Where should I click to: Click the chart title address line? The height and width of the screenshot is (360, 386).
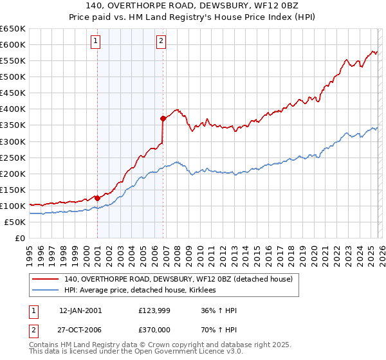pos(192,6)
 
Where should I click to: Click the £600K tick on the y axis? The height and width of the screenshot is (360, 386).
pos(13,44)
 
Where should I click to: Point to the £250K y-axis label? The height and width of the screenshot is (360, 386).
pos(13,157)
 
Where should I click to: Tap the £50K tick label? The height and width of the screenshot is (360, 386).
pos(15,222)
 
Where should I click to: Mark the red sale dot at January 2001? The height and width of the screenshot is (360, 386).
pos(97,198)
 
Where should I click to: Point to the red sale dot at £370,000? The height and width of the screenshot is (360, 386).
pos(163,118)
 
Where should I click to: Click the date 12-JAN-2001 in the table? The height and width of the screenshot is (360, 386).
pos(80,310)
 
